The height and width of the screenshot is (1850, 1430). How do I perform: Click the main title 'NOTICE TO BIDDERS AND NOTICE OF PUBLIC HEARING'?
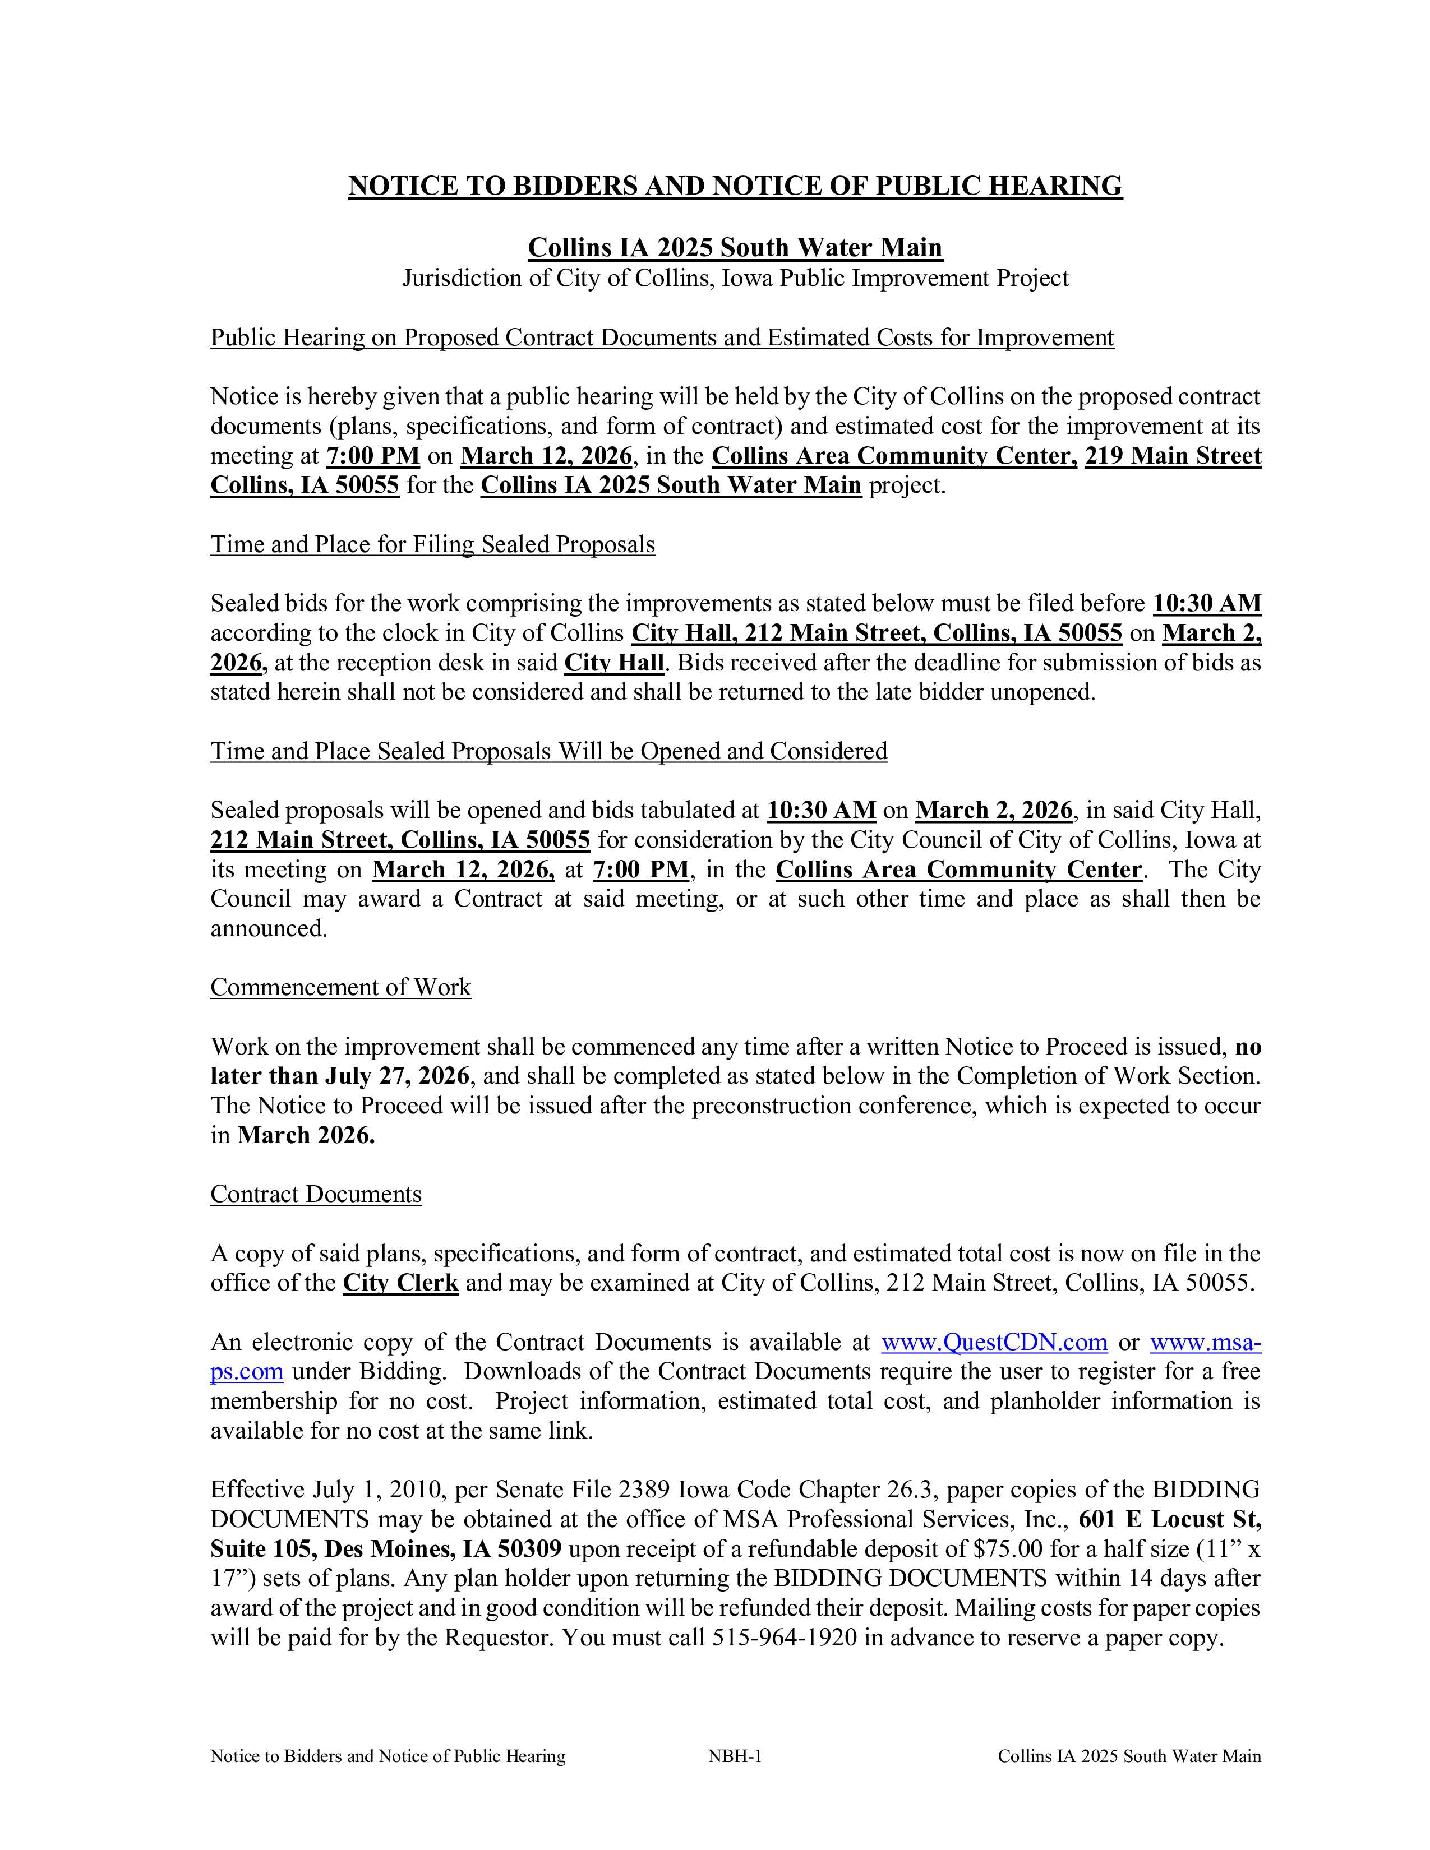coord(735,186)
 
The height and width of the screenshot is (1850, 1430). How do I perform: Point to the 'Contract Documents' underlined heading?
coord(316,1194)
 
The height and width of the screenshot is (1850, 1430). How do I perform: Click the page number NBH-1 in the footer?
coord(735,1756)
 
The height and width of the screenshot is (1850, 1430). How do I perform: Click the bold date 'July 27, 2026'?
coord(398,1076)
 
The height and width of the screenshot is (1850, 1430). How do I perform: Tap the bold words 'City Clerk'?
coord(401,1283)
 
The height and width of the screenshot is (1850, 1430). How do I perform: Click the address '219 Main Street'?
coord(1173,456)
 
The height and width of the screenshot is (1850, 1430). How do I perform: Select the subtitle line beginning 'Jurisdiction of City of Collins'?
coord(735,278)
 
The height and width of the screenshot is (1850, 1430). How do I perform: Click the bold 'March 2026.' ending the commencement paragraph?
coord(307,1135)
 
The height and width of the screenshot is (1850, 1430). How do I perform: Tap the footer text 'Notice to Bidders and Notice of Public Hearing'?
coord(388,1756)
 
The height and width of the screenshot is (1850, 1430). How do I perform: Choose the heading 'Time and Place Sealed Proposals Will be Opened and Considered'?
coord(549,751)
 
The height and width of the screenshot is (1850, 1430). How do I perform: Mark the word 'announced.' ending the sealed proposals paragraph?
coord(269,928)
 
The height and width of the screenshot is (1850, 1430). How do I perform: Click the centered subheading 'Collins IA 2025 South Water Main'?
coord(735,247)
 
